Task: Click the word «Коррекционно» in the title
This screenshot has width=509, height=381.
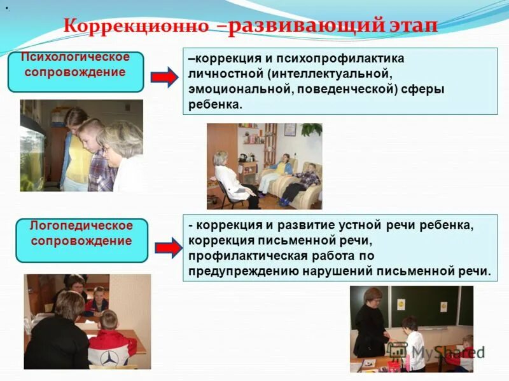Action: click(x=137, y=27)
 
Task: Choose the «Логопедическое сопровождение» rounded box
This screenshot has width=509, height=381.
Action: click(x=81, y=240)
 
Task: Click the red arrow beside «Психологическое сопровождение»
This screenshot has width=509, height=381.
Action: click(x=164, y=77)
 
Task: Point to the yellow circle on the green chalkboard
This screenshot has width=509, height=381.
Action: click(x=401, y=304)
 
